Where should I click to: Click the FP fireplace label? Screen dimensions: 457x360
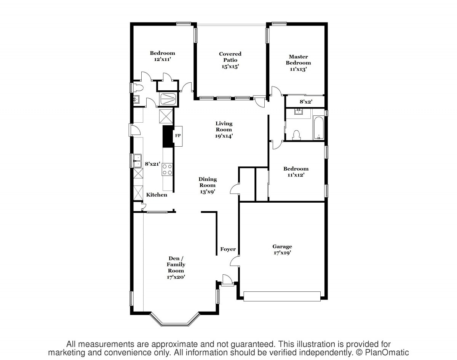(178, 136)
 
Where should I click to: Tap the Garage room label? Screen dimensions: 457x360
(282, 246)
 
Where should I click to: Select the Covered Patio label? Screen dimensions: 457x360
(230, 57)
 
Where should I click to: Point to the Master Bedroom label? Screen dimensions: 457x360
(298, 60)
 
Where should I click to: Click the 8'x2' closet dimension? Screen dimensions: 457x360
(306, 102)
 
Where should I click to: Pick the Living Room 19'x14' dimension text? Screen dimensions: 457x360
(224, 136)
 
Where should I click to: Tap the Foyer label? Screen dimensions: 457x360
(228, 249)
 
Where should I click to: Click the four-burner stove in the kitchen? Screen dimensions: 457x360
(167, 170)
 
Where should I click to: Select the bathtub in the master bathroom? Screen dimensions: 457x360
(318, 128)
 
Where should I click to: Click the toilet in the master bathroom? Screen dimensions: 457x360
(296, 135)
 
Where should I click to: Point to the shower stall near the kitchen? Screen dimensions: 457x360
(168, 99)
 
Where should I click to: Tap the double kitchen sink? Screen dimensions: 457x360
(137, 161)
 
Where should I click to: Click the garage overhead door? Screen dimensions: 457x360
(282, 296)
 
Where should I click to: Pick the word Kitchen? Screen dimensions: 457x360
(157, 195)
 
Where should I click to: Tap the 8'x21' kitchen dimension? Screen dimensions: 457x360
(152, 164)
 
